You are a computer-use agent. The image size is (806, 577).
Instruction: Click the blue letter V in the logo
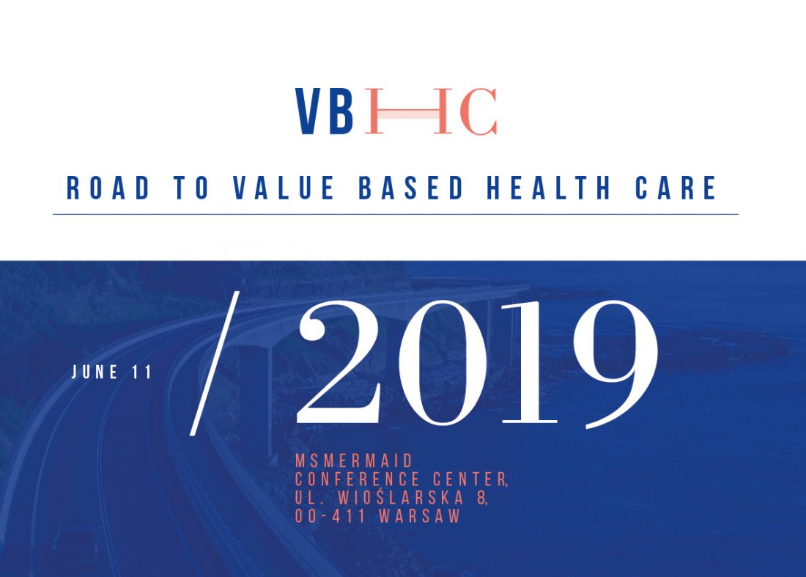tap(308, 111)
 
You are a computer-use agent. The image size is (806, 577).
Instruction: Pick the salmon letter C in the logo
tap(478, 111)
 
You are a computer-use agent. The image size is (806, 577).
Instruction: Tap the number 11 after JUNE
tap(142, 372)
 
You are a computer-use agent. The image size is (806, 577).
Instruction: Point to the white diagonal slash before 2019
tap(215, 364)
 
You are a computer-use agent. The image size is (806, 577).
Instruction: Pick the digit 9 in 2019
tap(615, 364)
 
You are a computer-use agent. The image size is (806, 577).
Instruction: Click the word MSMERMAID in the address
tap(354, 460)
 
